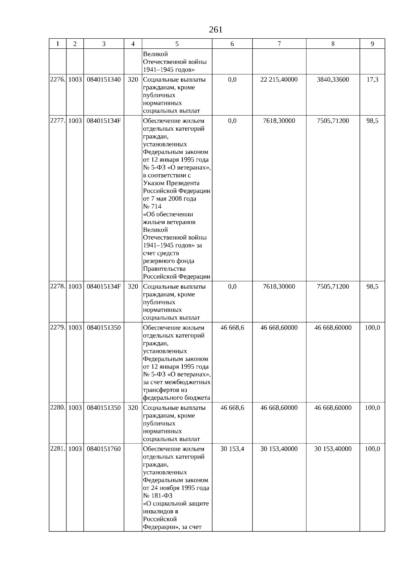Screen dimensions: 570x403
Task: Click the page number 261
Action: tap(216, 30)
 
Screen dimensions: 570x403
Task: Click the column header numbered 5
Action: tap(177, 44)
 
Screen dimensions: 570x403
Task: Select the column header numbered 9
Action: tap(372, 44)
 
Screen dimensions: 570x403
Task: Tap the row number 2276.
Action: tap(57, 80)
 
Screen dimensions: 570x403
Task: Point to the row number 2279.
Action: tap(57, 327)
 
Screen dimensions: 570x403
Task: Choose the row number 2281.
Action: tap(57, 449)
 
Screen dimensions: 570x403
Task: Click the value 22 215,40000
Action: tap(279, 80)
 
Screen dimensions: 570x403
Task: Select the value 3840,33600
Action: tap(332, 80)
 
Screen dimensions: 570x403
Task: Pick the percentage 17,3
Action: tap(372, 80)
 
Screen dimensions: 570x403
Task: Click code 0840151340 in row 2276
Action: tap(103, 80)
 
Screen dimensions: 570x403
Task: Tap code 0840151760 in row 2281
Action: tap(103, 449)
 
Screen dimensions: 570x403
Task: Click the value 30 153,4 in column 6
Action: tap(232, 449)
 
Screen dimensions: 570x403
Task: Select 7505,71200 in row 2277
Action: tap(332, 121)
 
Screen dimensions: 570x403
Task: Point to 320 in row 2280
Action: tap(133, 408)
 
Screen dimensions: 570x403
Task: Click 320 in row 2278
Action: tap(133, 287)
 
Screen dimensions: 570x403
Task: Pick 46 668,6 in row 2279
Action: tap(232, 327)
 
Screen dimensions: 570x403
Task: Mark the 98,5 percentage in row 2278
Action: tap(372, 287)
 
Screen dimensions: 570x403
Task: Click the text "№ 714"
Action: tap(152, 207)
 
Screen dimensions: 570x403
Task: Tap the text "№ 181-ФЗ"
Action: tap(158, 496)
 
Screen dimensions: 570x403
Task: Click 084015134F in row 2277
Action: tap(103, 121)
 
